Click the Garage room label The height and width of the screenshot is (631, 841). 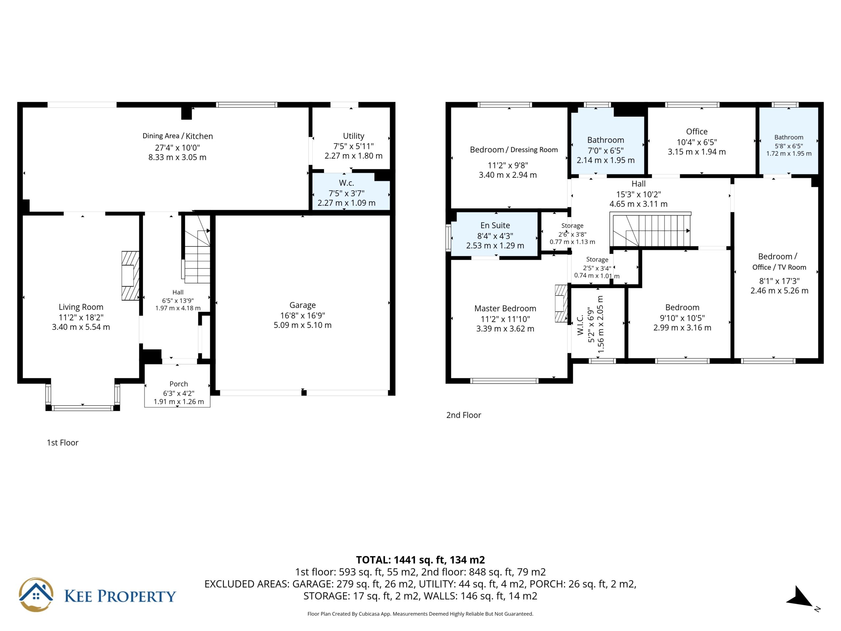(x=303, y=305)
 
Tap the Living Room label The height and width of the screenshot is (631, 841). (x=81, y=307)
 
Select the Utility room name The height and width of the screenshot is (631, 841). (x=353, y=136)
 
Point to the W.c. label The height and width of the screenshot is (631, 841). (x=346, y=183)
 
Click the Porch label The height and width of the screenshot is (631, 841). (x=179, y=384)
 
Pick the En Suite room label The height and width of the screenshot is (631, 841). (x=495, y=225)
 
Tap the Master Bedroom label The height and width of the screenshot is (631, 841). (x=505, y=309)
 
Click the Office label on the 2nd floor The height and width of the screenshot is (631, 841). (x=697, y=131)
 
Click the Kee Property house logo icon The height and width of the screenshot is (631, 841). (x=36, y=595)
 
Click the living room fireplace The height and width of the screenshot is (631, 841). (x=130, y=276)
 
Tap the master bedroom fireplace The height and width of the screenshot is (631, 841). (x=561, y=304)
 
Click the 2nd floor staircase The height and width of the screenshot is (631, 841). (x=650, y=229)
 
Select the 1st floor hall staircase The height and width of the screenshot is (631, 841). (x=197, y=249)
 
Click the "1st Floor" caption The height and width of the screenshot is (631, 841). (x=63, y=443)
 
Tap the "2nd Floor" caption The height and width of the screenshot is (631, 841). (x=464, y=415)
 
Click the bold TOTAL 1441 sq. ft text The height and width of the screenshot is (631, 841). (x=420, y=560)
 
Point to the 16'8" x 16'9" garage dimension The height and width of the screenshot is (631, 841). (x=303, y=315)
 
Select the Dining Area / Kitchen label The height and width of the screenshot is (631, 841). (x=177, y=136)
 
